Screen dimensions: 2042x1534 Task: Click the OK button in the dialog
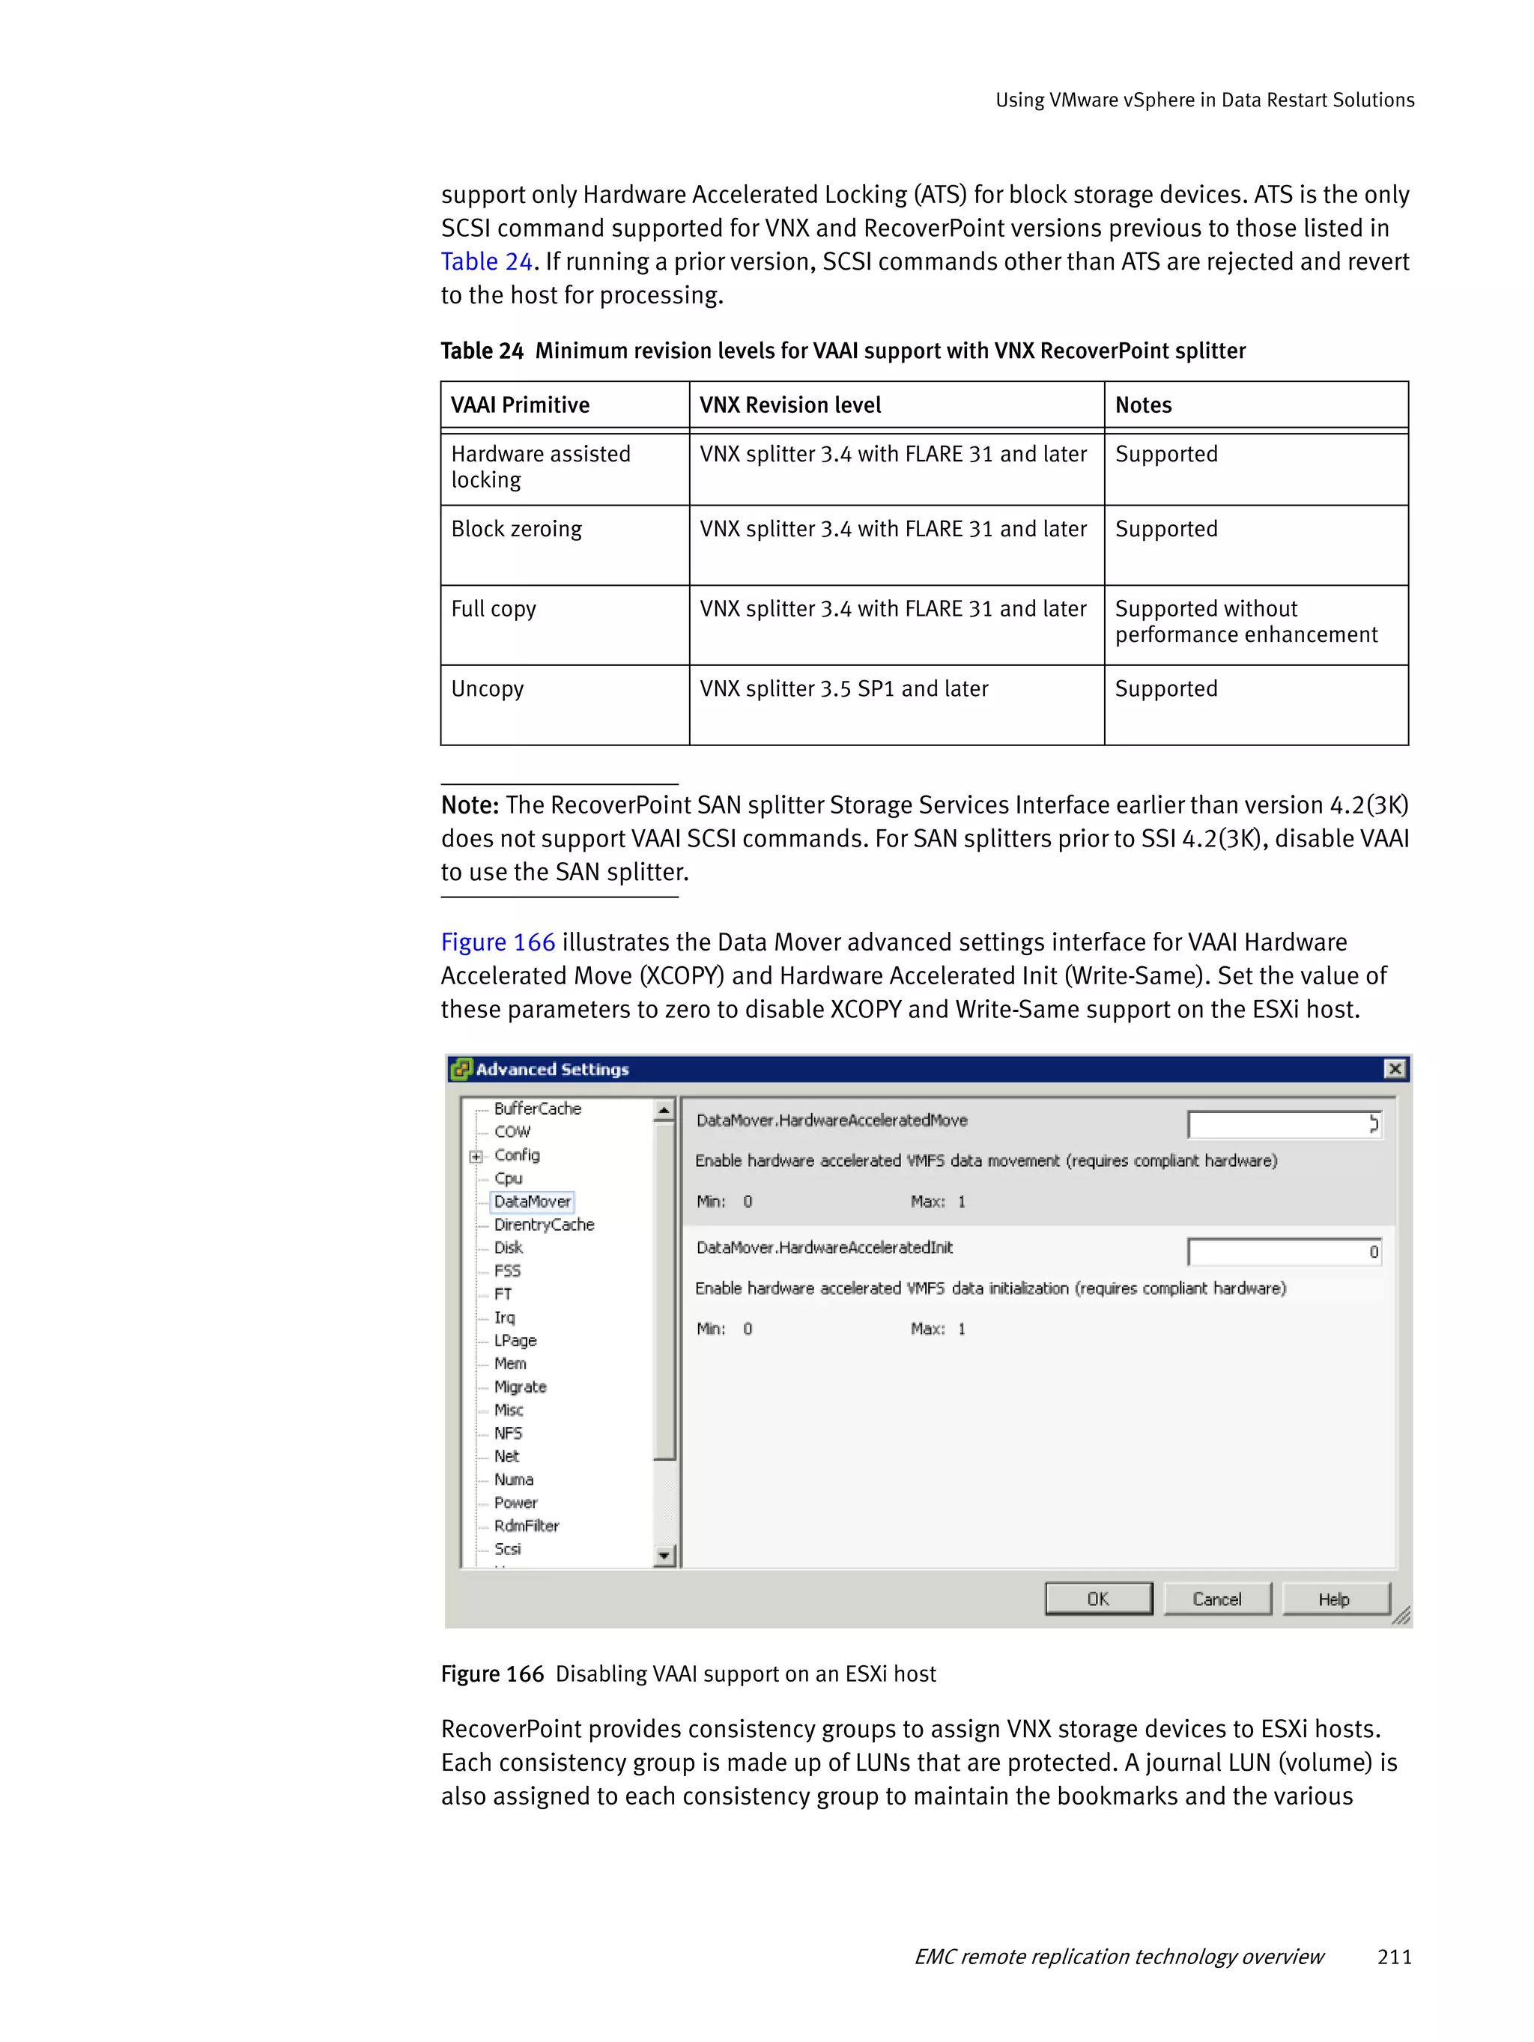click(x=1097, y=1599)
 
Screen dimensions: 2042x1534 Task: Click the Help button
click(x=1334, y=1599)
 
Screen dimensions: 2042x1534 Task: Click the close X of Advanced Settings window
click(x=1395, y=1068)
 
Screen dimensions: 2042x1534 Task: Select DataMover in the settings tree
click(x=532, y=1201)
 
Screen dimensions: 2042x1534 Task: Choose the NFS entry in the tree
click(x=508, y=1433)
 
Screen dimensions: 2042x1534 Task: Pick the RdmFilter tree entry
click(x=526, y=1525)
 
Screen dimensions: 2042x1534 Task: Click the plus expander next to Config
click(x=476, y=1156)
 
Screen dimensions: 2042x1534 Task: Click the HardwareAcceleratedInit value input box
click(x=1283, y=1252)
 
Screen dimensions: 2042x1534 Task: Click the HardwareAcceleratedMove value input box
click(x=1283, y=1124)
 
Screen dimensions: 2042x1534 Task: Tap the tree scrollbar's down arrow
click(x=664, y=1557)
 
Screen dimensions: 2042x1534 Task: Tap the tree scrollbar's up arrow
click(x=664, y=1109)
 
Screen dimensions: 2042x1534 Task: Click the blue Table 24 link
click(x=486, y=262)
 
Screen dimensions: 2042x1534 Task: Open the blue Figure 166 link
click(x=497, y=942)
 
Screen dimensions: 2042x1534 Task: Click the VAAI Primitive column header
click(x=520, y=405)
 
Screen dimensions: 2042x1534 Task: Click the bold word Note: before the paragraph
click(x=470, y=806)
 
